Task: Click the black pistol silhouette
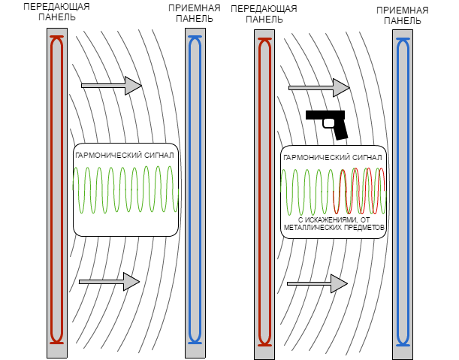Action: tap(327, 125)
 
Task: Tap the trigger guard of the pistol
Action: tap(328, 123)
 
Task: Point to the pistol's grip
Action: tap(340, 129)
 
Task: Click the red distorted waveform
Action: tap(359, 191)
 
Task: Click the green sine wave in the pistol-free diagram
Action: tap(125, 189)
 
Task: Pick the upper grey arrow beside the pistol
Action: tap(319, 88)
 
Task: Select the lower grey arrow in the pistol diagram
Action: tap(317, 283)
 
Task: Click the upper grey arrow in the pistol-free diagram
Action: tap(111, 86)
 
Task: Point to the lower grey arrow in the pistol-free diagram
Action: tap(110, 282)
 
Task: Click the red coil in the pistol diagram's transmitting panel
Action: tap(264, 192)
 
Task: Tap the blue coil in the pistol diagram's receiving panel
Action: tap(403, 192)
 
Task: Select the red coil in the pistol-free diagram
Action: tap(57, 190)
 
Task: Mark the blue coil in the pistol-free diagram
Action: tap(195, 190)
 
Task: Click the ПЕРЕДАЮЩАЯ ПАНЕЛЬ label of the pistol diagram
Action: tap(264, 14)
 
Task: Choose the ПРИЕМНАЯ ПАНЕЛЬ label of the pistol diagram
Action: tap(403, 16)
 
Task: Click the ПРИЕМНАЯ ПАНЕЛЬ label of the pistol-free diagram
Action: tap(195, 14)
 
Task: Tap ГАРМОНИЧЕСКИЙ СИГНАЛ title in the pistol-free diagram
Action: tap(125, 156)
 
